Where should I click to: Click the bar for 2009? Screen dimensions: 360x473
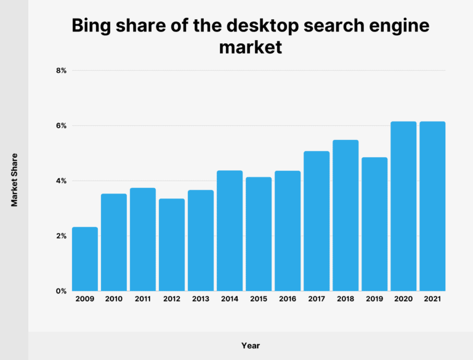coord(84,259)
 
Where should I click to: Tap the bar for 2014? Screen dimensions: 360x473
coord(229,231)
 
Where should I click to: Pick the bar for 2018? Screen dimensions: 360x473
coord(345,216)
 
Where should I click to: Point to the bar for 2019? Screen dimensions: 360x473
coord(374,224)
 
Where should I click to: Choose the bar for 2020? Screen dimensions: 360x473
coord(403,207)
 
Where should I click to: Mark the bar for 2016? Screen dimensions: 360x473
coord(287,231)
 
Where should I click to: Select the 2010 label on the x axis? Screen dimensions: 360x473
coord(113,299)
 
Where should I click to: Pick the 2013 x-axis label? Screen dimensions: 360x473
coord(200,299)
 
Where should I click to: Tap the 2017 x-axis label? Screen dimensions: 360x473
coord(316,299)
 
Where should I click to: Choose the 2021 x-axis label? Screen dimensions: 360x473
coord(432,299)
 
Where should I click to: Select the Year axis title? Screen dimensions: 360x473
coord(251,346)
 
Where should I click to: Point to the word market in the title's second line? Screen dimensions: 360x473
coord(251,47)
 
